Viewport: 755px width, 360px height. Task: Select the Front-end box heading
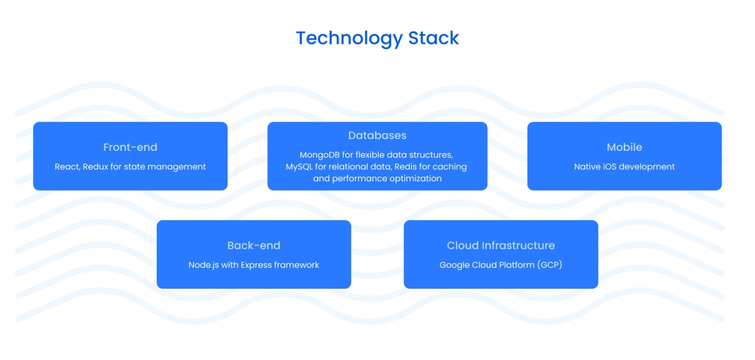(130, 147)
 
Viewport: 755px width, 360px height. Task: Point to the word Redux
(95, 167)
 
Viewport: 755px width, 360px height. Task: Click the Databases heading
(377, 135)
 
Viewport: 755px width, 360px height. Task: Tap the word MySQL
(299, 167)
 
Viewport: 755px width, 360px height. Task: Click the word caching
(450, 167)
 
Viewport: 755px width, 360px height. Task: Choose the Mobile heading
(624, 147)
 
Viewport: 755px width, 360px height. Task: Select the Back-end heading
(254, 245)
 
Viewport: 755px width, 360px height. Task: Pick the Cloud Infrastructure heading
(501, 245)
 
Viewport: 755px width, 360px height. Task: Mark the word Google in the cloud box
(454, 265)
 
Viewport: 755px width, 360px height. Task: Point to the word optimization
(416, 179)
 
